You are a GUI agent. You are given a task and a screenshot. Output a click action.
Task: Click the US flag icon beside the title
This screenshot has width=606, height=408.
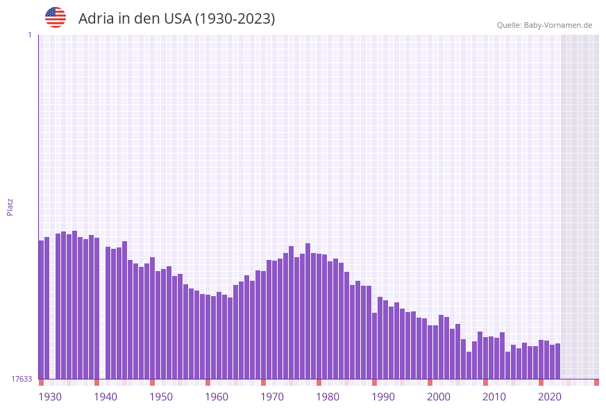(x=56, y=17)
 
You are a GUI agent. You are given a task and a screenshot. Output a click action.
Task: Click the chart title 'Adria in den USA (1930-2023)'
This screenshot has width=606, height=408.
(x=176, y=19)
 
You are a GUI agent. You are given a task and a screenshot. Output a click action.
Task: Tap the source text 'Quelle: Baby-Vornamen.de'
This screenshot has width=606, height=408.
(x=544, y=25)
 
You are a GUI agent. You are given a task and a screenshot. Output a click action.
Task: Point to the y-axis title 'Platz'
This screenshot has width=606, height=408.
(x=10, y=206)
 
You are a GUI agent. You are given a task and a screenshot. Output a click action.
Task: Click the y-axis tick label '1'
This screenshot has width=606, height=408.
(x=29, y=35)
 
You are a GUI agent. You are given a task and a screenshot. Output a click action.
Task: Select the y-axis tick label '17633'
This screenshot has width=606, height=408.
(x=22, y=379)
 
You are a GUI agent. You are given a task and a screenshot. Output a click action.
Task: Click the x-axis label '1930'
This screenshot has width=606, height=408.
(x=50, y=397)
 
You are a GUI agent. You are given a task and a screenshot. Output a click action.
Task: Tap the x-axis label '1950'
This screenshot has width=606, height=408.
(x=161, y=397)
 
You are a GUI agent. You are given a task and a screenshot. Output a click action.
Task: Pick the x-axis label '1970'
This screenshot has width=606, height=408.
(x=272, y=397)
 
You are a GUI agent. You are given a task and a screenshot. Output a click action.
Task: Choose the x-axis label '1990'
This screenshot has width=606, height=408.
(x=383, y=397)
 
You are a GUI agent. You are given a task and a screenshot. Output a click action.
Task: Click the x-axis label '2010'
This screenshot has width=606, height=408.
(x=494, y=397)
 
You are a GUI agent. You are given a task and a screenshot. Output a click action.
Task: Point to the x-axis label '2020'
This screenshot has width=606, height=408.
(x=550, y=397)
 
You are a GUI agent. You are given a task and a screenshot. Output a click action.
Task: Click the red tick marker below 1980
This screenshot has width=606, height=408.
(x=319, y=382)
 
